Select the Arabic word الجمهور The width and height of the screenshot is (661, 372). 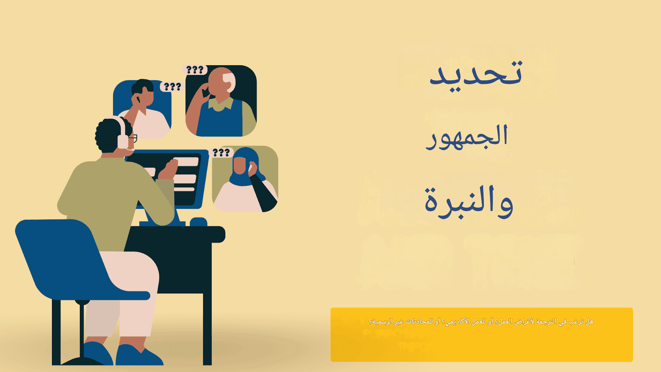[x=467, y=137]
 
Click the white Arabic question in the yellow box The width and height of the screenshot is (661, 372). [x=481, y=321]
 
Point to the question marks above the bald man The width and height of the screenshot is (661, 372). [x=195, y=70]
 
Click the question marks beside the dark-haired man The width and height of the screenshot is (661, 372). [x=172, y=87]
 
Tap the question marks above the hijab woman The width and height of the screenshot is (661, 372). [x=221, y=153]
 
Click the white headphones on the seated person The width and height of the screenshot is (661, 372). [x=122, y=133]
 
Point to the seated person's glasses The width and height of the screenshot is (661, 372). [x=133, y=138]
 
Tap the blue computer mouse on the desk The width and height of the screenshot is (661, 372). [x=198, y=222]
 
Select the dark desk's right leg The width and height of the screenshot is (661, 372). [x=207, y=326]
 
